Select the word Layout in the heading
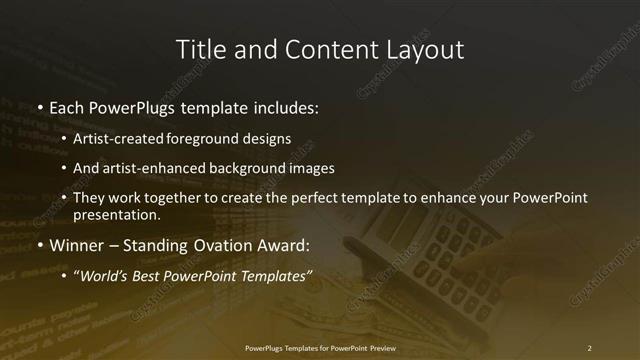424,49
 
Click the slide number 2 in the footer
589,348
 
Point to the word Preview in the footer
376,348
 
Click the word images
312,168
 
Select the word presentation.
116,214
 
